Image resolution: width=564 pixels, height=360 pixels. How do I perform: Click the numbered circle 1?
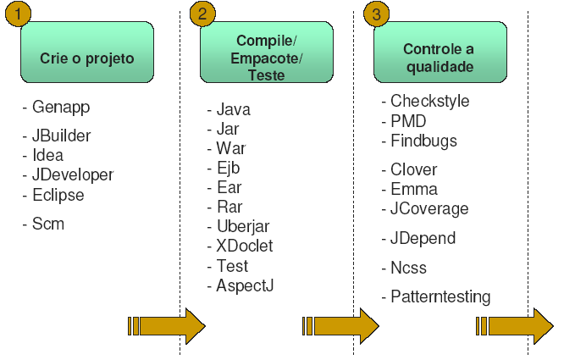18,14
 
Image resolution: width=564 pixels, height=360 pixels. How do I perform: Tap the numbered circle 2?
202,14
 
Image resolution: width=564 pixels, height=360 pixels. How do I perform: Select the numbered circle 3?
376,14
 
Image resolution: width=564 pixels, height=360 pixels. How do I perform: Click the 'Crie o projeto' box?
87,53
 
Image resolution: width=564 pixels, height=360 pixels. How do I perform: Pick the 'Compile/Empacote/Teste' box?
267,53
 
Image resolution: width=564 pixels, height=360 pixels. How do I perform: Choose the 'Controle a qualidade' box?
440,53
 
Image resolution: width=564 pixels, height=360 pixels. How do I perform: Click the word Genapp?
61,108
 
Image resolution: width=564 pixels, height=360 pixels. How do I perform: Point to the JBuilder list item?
61,136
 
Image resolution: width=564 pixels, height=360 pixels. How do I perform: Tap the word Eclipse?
58,196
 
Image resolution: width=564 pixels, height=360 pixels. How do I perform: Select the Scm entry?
48,224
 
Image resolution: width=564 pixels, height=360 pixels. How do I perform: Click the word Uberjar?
243,227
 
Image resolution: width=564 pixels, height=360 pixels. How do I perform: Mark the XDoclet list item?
245,246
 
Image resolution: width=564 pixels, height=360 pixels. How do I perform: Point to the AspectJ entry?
245,286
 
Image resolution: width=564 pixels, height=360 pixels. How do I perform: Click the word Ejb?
229,169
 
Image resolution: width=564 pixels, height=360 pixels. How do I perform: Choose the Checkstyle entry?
430,102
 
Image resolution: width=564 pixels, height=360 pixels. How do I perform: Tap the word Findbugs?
423,141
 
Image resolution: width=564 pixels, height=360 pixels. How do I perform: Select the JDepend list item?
423,239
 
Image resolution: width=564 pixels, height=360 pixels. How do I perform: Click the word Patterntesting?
440,297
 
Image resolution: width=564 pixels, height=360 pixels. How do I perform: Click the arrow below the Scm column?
167,326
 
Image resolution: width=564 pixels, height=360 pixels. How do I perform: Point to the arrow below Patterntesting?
514,326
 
